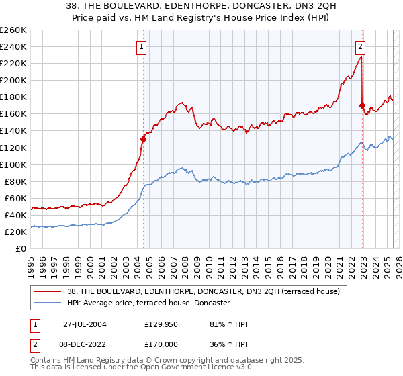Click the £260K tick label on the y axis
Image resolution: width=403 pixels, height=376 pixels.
13,30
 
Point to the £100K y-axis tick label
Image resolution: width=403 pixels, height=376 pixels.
13,164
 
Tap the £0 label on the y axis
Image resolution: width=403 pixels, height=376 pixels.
21,248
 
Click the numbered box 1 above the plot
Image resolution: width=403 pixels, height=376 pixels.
143,46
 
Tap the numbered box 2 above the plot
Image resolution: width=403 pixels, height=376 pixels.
361,46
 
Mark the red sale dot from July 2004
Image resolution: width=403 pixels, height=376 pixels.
143,140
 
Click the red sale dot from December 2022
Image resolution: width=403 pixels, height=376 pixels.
362,105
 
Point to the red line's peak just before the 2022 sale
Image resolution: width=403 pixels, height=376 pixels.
361,57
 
